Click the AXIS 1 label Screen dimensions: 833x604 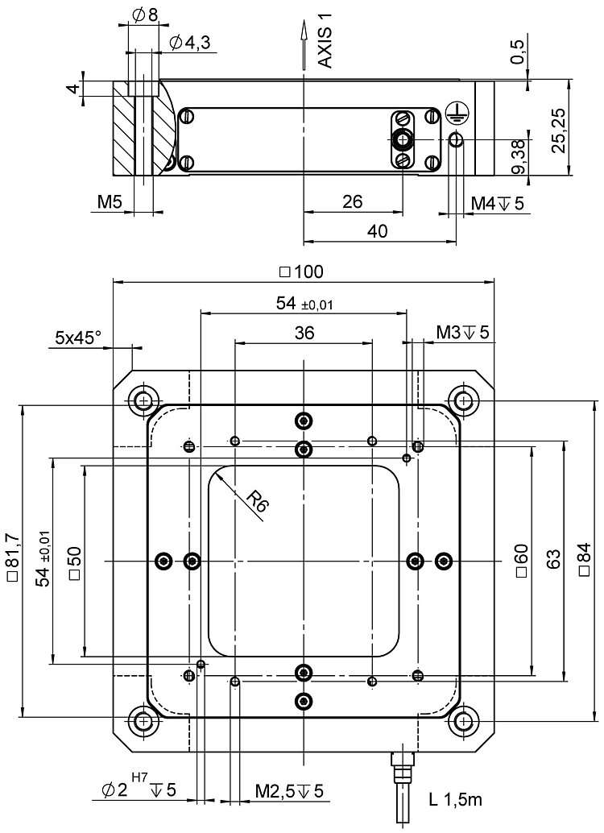tap(325, 41)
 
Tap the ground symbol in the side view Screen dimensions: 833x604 tap(454, 114)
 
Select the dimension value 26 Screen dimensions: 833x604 tap(352, 201)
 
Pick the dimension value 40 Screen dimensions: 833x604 tap(377, 231)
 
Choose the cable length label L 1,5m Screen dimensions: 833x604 tap(456, 800)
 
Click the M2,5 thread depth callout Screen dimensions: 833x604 tap(289, 791)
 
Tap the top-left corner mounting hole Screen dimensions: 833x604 tap(144, 400)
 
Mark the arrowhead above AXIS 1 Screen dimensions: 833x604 tap(303, 30)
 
